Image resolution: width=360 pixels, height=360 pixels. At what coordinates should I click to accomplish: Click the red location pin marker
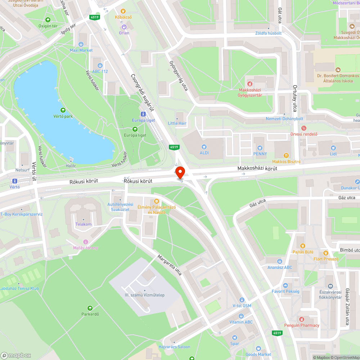180,172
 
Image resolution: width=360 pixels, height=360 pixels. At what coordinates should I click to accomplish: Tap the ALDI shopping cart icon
204,147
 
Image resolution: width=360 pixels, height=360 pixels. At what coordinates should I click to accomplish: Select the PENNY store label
260,154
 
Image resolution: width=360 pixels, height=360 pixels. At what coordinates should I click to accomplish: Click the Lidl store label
333,154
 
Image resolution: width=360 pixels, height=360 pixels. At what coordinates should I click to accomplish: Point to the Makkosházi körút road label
257,168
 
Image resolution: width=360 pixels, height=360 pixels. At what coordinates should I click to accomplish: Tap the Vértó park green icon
63,110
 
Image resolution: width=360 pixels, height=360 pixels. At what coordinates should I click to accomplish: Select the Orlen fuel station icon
124,26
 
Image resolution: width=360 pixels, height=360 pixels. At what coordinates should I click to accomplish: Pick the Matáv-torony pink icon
86,242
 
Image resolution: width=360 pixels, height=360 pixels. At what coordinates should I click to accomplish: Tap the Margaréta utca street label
170,265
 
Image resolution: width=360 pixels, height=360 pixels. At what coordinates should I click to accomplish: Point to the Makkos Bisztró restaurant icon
286,156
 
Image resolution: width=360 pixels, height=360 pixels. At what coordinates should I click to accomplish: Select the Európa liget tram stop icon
144,114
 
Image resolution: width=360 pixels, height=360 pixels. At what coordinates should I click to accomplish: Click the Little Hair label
177,123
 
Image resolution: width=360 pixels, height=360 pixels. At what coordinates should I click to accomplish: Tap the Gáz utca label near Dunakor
347,198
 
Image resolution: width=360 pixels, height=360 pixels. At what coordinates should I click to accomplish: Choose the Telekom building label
84,224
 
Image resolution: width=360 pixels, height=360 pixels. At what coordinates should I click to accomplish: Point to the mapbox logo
16,355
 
